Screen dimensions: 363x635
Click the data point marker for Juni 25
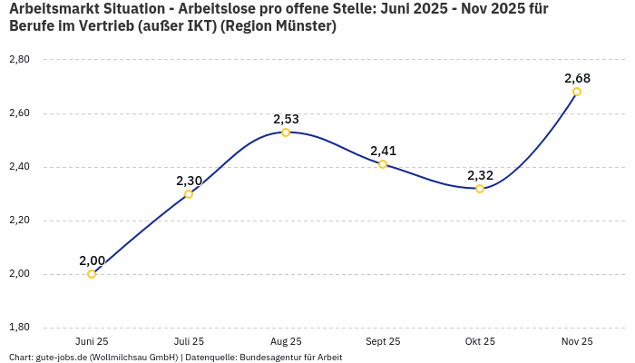[x=92, y=274]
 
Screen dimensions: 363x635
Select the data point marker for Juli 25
[x=189, y=194]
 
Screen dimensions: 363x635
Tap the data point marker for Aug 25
[x=286, y=132]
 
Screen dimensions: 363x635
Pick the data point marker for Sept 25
[x=383, y=164]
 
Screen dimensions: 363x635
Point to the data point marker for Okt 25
[x=480, y=189]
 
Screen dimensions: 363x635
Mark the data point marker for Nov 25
[x=577, y=92]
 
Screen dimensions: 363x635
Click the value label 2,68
[x=577, y=77]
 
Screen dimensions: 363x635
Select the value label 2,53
[x=286, y=119]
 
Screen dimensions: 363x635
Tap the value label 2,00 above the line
[x=92, y=260]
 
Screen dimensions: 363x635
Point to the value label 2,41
[x=383, y=151]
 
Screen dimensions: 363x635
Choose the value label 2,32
[x=480, y=175]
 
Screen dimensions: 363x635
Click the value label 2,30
[x=189, y=181]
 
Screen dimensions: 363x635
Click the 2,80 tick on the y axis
[x=19, y=60]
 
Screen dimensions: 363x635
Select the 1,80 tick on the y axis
[x=19, y=328]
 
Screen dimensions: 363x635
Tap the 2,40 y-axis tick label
[x=19, y=167]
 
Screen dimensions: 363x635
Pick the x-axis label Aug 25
[x=286, y=341]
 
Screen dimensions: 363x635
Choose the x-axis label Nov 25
[x=577, y=341]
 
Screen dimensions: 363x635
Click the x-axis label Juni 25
[x=92, y=341]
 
